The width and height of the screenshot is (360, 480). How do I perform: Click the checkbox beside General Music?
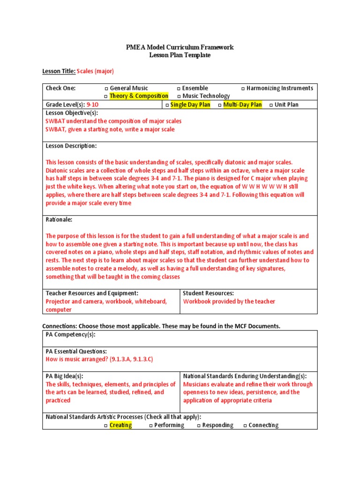point(106,89)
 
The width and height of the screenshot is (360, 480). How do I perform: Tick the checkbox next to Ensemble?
point(179,89)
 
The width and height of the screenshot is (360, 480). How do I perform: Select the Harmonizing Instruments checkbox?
point(243,89)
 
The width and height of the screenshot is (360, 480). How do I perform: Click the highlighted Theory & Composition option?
point(138,96)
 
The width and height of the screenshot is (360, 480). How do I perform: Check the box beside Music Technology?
point(179,96)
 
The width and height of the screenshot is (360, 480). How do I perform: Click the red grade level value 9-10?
point(92,105)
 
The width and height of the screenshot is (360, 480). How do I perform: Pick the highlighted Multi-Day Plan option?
point(242,105)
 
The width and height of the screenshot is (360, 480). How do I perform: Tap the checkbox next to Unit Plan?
point(271,105)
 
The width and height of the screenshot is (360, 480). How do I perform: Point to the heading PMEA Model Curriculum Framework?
point(180,47)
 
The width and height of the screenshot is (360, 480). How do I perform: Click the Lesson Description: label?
point(71,146)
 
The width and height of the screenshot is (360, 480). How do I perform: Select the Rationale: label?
point(59,219)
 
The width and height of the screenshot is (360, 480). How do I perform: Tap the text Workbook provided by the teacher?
point(229,301)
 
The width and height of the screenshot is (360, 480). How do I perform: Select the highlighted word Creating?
point(120,425)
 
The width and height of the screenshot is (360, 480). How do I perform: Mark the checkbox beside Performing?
point(151,426)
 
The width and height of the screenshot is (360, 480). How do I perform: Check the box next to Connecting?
point(245,426)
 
